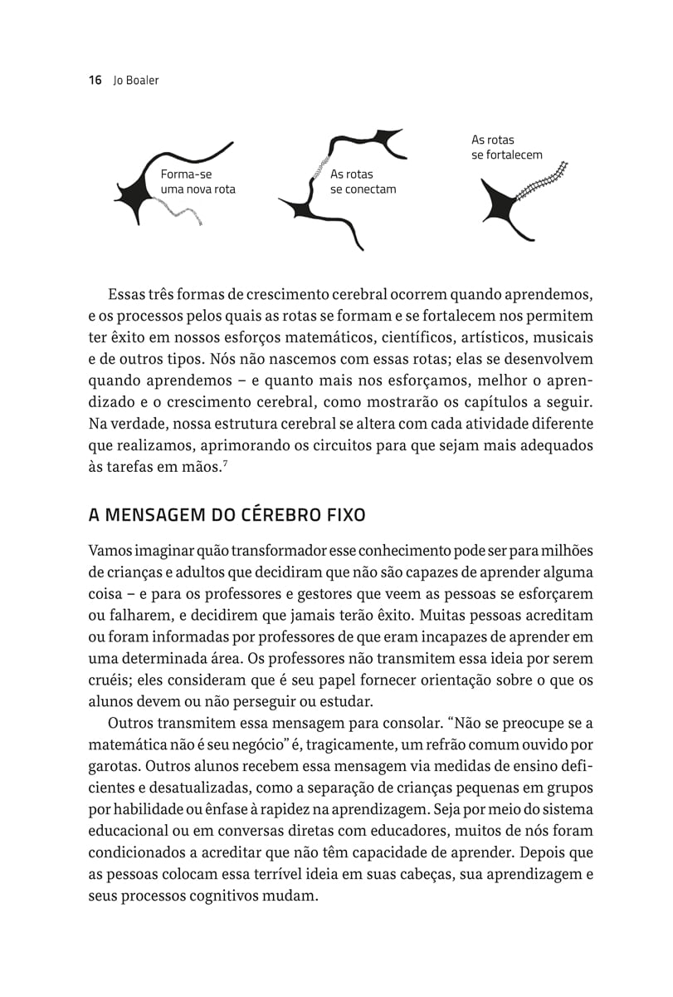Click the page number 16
95,81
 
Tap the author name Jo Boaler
135,81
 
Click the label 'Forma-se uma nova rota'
198,182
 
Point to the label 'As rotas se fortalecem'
506,148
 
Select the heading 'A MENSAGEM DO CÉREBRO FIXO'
227,514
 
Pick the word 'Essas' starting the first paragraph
126,294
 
